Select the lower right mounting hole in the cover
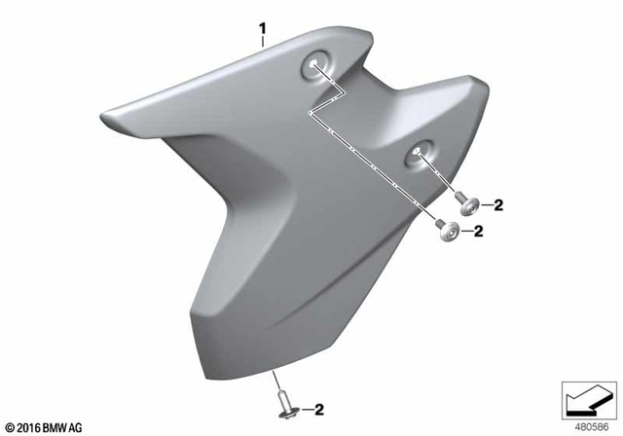click(x=419, y=152)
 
